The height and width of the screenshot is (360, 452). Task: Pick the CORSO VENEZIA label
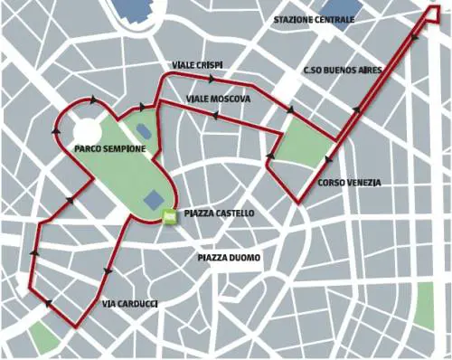tap(349, 183)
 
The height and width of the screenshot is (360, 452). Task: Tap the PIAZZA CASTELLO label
tap(218, 214)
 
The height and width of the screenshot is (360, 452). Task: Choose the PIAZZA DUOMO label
tap(229, 258)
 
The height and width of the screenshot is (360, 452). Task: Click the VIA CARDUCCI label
tap(130, 304)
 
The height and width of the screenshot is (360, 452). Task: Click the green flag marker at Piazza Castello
tap(169, 215)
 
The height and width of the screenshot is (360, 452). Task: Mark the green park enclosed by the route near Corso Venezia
tap(300, 146)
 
